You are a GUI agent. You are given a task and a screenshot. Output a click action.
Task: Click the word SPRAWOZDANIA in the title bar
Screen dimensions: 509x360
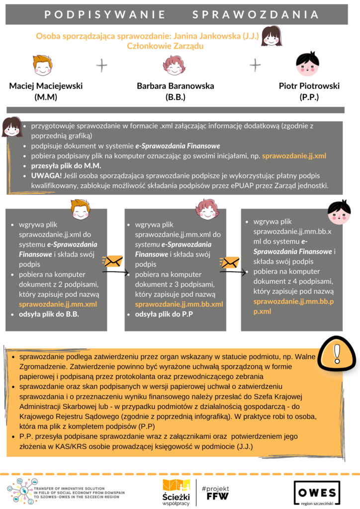256,14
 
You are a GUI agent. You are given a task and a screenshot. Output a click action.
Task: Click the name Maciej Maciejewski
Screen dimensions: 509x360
46,86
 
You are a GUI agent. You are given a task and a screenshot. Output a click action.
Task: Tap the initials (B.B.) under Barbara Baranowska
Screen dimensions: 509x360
175,97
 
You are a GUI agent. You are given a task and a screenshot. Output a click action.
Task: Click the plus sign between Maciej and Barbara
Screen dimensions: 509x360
101,65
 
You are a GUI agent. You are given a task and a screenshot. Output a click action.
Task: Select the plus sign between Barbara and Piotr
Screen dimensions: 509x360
255,65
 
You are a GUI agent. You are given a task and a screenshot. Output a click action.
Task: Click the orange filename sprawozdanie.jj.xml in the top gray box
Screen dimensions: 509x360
294,156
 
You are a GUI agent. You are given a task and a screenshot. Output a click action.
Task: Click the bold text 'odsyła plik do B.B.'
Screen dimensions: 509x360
49,314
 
